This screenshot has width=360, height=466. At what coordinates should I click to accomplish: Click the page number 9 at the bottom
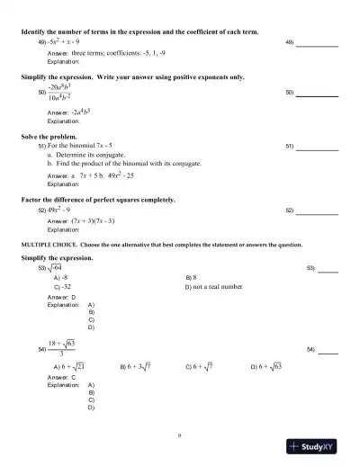[x=180, y=435]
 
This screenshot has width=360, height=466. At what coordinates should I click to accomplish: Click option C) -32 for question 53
[x=63, y=287]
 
